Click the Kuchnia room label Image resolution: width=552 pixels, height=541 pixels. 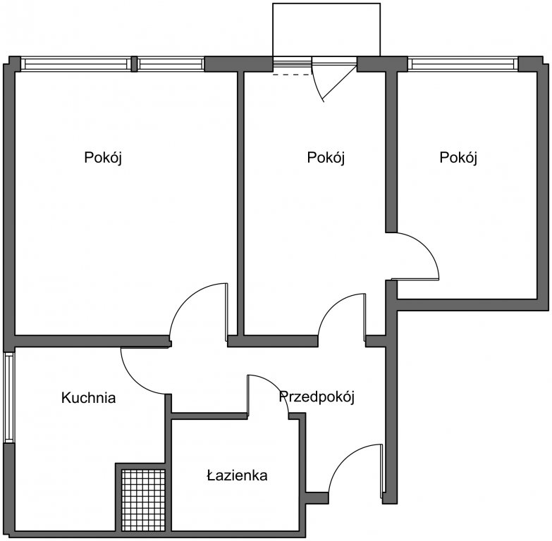(x=88, y=398)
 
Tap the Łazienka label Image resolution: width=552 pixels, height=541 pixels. (x=237, y=475)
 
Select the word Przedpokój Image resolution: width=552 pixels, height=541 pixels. (x=317, y=397)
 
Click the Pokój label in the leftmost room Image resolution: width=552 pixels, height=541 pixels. (x=103, y=157)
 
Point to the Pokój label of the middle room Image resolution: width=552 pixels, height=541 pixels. (x=326, y=157)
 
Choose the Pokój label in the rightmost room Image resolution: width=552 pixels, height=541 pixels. (x=458, y=157)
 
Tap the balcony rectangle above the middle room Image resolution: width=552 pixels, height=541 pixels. (x=326, y=30)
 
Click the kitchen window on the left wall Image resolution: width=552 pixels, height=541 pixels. (x=9, y=397)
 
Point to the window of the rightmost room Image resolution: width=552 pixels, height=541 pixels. (x=463, y=64)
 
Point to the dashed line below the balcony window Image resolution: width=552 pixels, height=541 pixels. (x=293, y=75)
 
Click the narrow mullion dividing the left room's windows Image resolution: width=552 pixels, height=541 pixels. (x=134, y=64)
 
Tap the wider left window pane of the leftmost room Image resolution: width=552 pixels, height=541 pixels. (x=75, y=64)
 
